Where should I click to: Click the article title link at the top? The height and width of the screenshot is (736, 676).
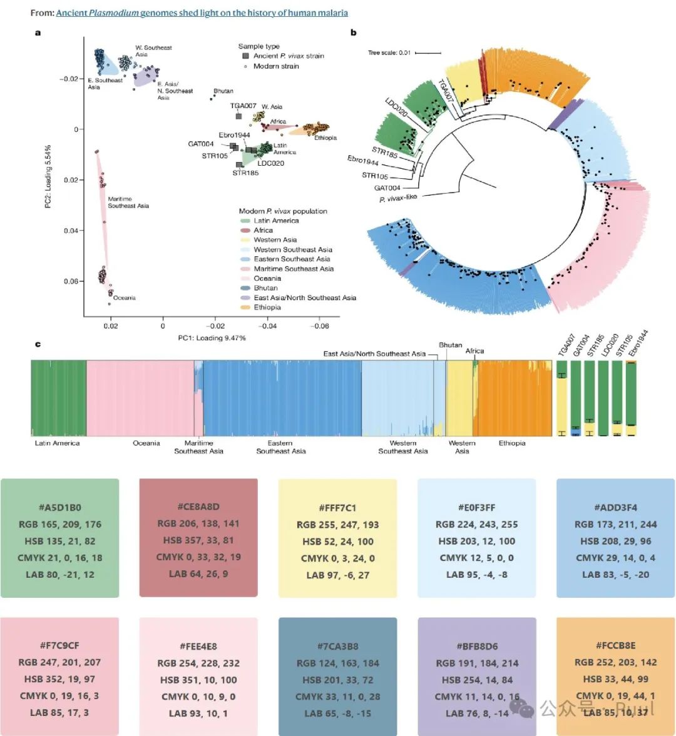point(202,13)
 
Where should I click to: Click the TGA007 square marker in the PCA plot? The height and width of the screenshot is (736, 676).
point(238,116)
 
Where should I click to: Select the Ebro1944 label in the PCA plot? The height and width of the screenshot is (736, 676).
point(234,135)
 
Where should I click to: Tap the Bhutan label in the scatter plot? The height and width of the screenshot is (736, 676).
point(223,91)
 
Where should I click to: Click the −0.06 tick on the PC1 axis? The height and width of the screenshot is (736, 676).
point(320,326)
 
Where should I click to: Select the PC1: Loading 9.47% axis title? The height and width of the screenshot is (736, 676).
point(212,338)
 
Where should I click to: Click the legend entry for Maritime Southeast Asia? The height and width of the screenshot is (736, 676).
point(294,269)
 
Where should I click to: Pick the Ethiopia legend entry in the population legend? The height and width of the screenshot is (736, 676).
point(267,308)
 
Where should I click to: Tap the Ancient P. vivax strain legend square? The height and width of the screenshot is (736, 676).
point(246,56)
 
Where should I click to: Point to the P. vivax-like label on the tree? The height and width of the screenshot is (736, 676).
point(397,198)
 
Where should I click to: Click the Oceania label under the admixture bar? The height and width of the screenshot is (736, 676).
point(146,443)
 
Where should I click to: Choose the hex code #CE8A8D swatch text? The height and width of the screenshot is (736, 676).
point(198,507)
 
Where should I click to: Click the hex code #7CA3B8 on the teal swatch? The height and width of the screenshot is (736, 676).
point(338,647)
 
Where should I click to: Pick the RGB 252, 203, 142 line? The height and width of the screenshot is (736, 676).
point(615,662)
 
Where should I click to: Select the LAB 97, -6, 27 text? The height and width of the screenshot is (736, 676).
point(338,575)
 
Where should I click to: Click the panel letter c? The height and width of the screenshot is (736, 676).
point(38,345)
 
